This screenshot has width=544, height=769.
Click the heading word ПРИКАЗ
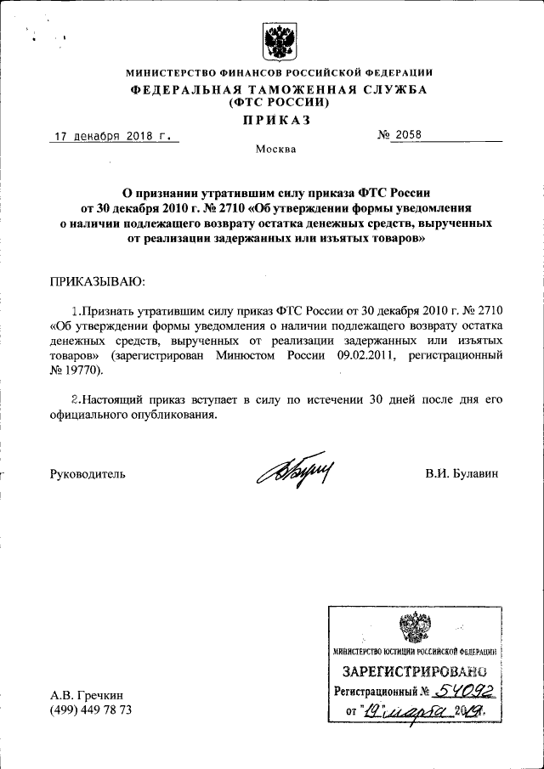(x=276, y=120)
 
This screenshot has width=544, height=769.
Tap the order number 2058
(x=405, y=136)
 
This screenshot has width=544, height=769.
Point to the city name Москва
(x=276, y=150)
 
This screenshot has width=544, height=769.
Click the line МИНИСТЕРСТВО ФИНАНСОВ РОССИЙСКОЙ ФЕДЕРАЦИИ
(x=279, y=73)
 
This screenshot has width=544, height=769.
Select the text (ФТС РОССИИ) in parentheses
(x=279, y=102)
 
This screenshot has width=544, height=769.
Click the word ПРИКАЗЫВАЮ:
(x=99, y=280)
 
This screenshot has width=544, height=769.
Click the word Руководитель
(x=88, y=474)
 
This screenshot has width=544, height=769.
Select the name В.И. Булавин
(x=462, y=474)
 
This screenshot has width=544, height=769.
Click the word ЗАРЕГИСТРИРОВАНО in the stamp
(x=413, y=672)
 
